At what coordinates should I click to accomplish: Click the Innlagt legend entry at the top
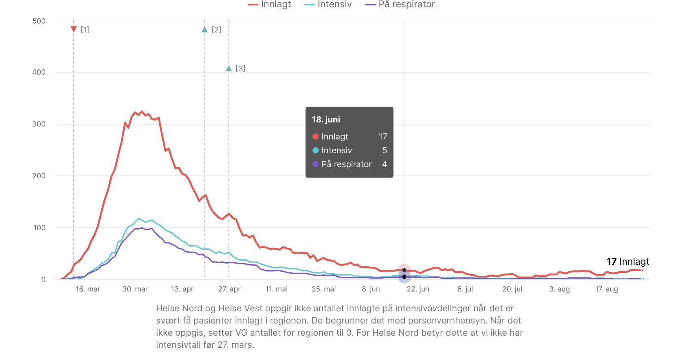coord(270,4)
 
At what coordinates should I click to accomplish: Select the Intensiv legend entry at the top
coord(328,4)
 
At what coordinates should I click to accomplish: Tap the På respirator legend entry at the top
coord(400,4)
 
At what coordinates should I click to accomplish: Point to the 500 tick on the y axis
coord(39,21)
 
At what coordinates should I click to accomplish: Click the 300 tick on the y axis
coord(39,124)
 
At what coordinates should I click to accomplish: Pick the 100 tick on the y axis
coord(39,228)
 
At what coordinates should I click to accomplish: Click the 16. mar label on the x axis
coord(88,289)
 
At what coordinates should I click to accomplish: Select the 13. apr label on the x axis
coord(182,289)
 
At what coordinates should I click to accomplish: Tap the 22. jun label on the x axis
coord(418,289)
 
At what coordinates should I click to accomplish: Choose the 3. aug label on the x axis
coord(560,289)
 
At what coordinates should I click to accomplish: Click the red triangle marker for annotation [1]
coord(74,29)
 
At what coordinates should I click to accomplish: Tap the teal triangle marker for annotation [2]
coord(205,29)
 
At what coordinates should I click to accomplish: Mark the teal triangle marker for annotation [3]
coord(229,69)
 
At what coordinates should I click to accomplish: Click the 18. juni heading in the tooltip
coord(326,120)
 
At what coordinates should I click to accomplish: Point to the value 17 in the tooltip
coord(383,137)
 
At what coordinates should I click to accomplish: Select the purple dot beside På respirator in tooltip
coord(315,164)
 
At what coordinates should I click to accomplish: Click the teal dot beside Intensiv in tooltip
coord(315,150)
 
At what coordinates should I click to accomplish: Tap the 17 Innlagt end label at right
coord(628,261)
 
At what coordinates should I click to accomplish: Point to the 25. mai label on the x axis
coord(324,289)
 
